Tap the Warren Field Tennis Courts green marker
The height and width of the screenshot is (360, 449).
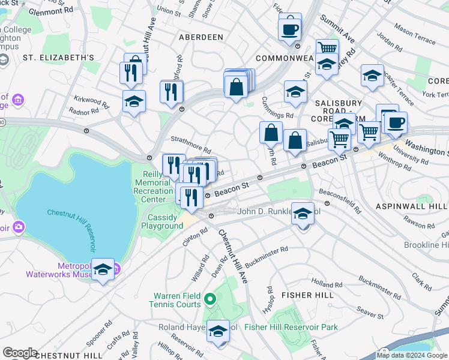point(209,298)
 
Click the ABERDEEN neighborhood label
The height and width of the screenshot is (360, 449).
point(201,37)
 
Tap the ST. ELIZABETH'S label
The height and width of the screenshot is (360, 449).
point(59,58)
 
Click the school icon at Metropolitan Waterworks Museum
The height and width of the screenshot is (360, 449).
point(103,270)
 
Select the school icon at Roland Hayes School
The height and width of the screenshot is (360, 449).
point(218,331)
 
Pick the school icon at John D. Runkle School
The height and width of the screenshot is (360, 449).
point(303,214)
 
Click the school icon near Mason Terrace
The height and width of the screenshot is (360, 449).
point(372,76)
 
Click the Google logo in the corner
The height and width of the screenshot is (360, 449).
point(20,352)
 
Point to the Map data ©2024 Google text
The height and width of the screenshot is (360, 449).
point(412,355)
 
